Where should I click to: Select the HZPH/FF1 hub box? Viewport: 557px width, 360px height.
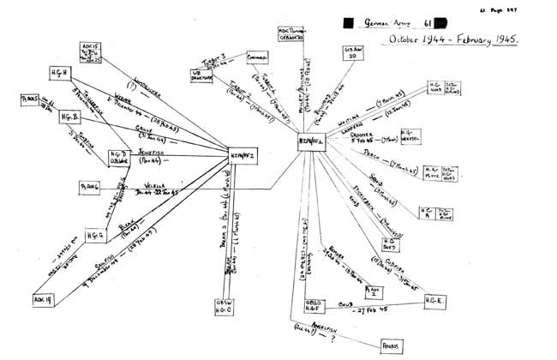(x=313, y=142)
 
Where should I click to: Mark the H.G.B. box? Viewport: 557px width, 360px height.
(x=71, y=117)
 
